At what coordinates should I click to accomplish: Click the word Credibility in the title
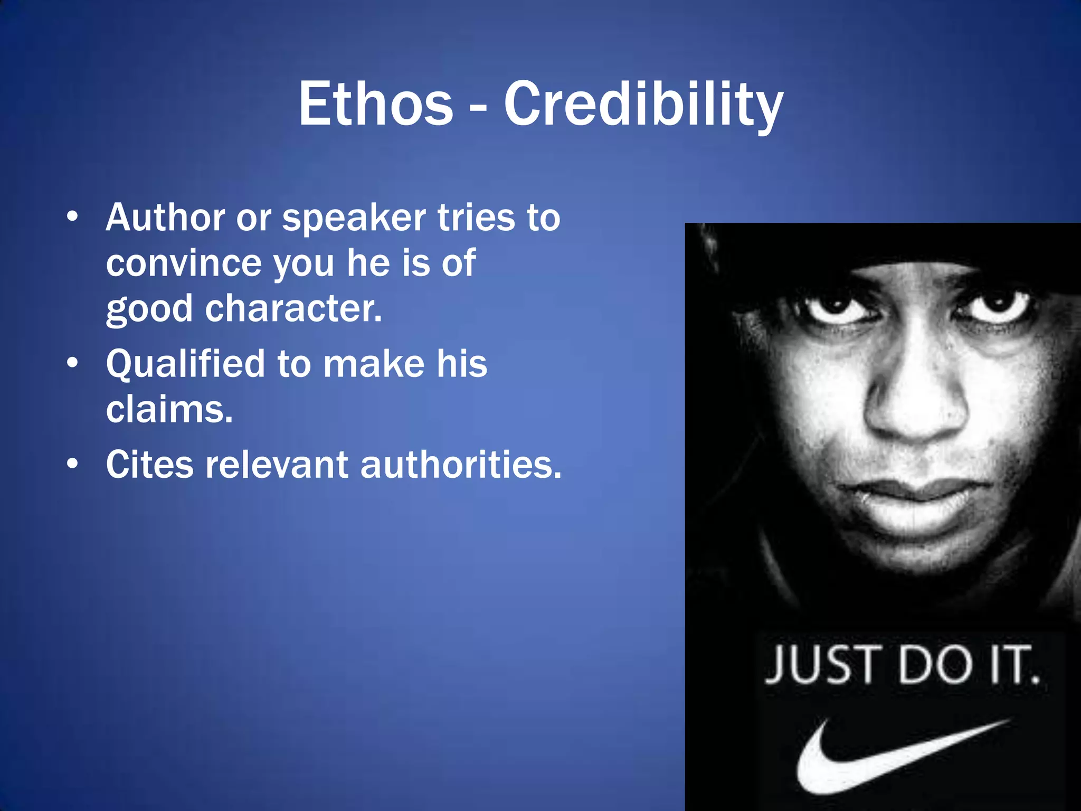(643, 106)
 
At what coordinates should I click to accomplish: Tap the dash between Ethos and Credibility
(478, 109)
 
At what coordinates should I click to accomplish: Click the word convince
(183, 263)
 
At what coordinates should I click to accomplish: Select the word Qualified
(185, 364)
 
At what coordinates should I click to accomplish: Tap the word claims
(169, 409)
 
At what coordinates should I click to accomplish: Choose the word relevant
(277, 465)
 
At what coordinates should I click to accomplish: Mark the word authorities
(460, 465)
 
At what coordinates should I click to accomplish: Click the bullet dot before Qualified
(73, 363)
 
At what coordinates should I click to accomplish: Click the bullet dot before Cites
(73, 464)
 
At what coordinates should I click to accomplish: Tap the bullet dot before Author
(73, 216)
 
